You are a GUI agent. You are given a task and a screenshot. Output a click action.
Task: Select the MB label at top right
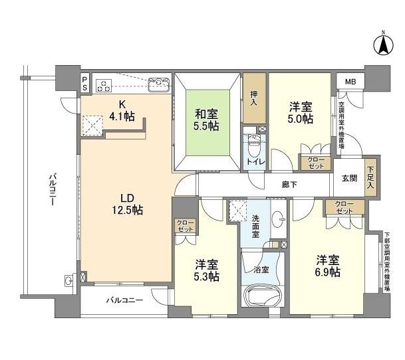[348, 82]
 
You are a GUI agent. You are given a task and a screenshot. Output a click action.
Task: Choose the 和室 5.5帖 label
[205, 119]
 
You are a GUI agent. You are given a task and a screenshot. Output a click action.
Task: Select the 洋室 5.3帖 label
[206, 268]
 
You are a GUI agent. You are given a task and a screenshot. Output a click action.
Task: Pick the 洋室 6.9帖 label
[328, 265]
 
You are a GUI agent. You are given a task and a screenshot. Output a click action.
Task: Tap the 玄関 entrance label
[350, 177]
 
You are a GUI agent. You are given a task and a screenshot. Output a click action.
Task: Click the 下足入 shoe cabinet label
[370, 177]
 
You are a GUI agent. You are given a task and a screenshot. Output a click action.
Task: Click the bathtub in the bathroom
[259, 294]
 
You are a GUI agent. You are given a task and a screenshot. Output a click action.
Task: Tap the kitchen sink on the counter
[159, 84]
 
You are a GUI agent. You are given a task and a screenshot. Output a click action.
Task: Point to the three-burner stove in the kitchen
[104, 84]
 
